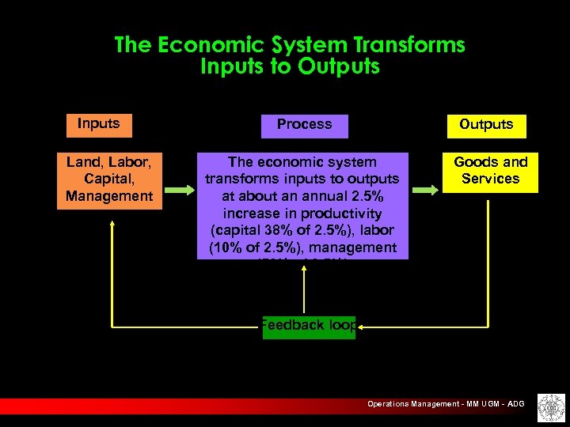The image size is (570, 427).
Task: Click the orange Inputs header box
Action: point(99,124)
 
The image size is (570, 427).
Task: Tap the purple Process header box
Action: point(305,125)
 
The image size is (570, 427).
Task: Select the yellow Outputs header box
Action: point(486,125)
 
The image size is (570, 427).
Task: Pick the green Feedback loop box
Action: point(309,325)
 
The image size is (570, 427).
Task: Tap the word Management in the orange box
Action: point(109,196)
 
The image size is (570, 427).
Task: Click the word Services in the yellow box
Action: point(490,179)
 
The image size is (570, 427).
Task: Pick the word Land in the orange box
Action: point(81,162)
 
